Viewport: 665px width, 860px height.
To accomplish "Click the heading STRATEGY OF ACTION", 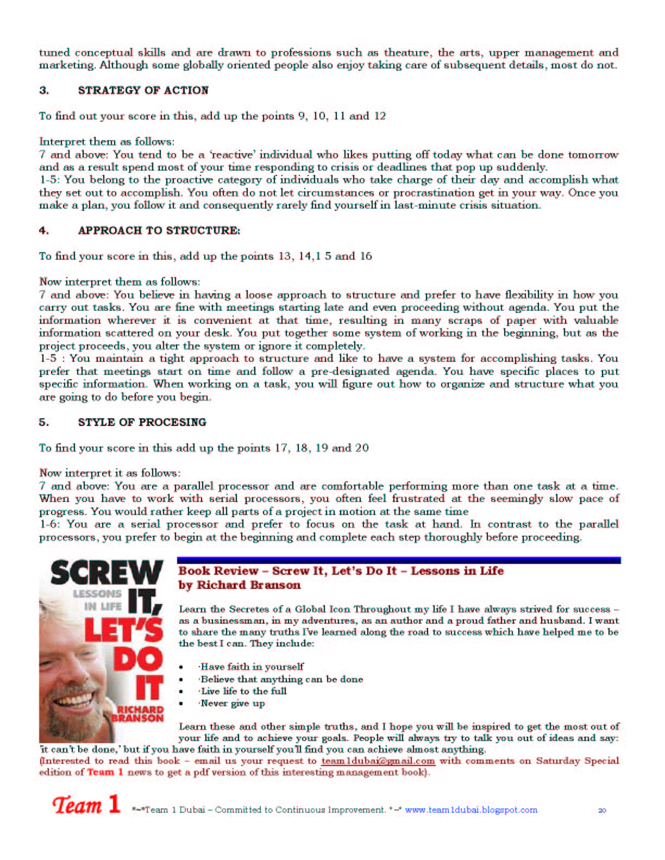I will tap(143, 90).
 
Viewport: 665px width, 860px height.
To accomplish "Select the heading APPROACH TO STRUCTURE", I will tap(159, 230).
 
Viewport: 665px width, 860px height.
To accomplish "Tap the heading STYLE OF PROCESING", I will tap(142, 422).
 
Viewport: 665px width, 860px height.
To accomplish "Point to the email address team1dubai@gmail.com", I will tap(378, 761).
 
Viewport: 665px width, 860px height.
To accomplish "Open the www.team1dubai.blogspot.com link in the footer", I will tap(470, 810).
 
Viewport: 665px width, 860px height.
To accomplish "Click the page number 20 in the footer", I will tap(602, 811).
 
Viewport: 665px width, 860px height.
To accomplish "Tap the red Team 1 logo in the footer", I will tap(86, 805).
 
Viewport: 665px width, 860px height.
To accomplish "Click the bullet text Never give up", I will tap(233, 704).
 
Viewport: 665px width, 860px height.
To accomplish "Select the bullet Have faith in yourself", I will tap(252, 667).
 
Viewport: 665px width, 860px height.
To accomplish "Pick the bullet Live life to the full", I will tap(243, 691).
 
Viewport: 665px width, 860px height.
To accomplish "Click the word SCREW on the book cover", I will tap(106, 573).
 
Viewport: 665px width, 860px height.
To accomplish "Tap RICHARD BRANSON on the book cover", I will tap(139, 714).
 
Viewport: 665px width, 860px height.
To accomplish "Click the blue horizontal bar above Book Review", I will tap(399, 560).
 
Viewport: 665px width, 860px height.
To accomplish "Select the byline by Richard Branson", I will tap(240, 585).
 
